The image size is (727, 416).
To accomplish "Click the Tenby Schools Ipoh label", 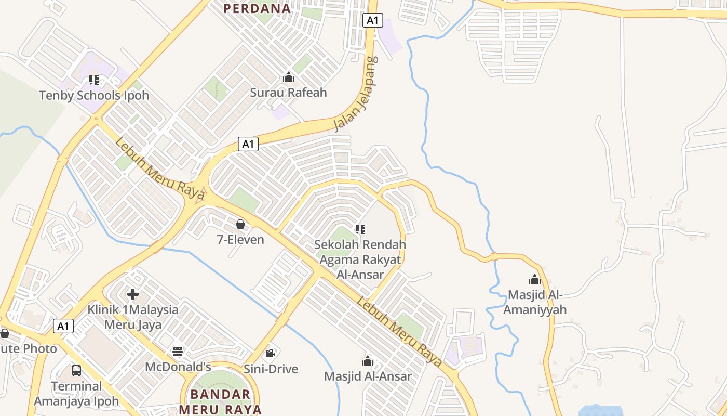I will coord(94,96).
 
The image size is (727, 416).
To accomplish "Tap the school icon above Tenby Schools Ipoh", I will coord(94,80).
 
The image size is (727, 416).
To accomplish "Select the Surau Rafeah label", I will coord(288,93).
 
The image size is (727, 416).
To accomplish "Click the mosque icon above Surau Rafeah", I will coord(289,77).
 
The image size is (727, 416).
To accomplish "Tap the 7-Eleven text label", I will coord(240,240).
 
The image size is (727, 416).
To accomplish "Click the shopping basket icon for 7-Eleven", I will coord(240,225).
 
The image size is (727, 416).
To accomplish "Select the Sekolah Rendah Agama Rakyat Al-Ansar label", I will coord(360,259).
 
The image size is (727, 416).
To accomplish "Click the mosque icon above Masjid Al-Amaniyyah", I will coord(535,279).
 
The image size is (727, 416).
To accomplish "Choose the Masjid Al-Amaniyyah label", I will coord(535,302).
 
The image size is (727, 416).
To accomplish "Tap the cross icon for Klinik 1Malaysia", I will coord(133,294).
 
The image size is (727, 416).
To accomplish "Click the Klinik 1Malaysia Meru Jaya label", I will coord(133,317).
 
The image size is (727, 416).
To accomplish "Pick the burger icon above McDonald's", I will coord(178,352).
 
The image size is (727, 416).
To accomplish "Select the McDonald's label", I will coord(178,367).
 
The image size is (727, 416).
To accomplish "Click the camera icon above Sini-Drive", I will coord(270,354).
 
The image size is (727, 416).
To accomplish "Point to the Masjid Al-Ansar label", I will coord(368,376).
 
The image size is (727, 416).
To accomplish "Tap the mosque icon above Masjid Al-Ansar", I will coord(368,361).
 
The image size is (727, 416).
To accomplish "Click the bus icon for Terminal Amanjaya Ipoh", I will coord(76,371).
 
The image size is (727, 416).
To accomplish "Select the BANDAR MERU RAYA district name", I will coord(220,401).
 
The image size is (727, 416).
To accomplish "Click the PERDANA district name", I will coord(257,8).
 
